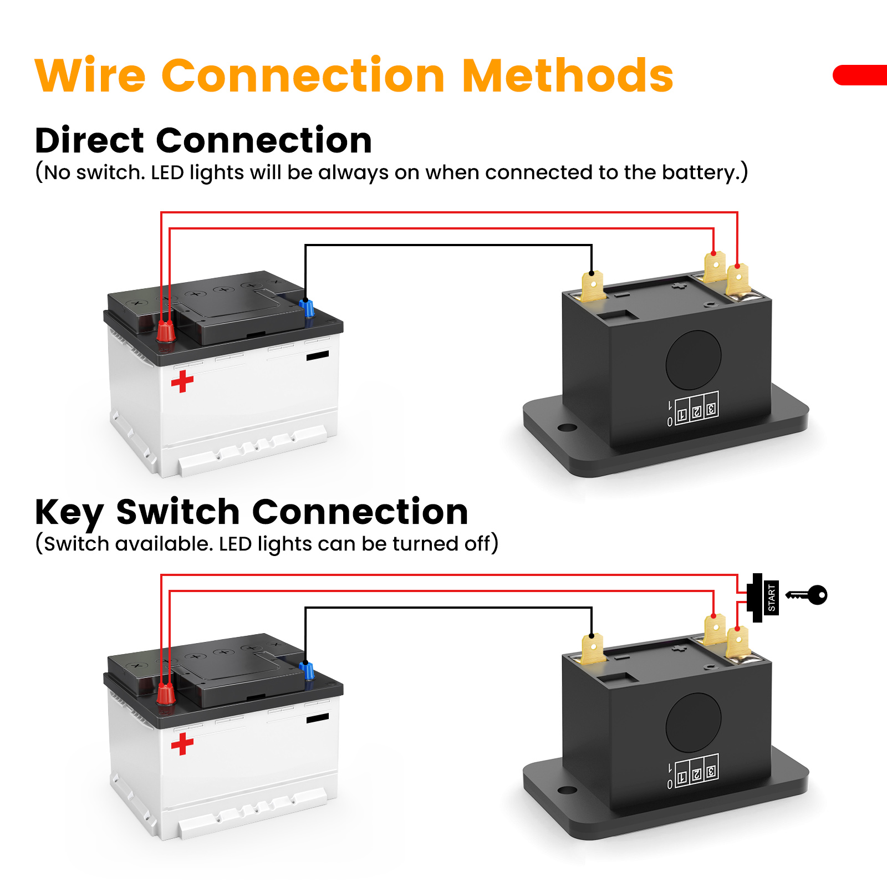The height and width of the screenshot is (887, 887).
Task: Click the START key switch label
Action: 771,598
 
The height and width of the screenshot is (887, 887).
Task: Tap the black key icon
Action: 807,595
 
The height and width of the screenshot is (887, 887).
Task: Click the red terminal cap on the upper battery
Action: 165,331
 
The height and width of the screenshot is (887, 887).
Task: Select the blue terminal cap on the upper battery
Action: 307,308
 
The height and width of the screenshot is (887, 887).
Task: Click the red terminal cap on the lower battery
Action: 165,694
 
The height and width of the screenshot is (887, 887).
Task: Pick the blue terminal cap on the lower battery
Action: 307,670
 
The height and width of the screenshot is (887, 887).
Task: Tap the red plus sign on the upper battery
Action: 182,381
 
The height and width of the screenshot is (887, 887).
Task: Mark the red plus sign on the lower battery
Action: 182,744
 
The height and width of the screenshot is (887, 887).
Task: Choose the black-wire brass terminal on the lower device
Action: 593,649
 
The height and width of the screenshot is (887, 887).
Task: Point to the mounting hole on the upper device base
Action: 567,428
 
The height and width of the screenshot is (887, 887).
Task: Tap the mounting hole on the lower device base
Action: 567,790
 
